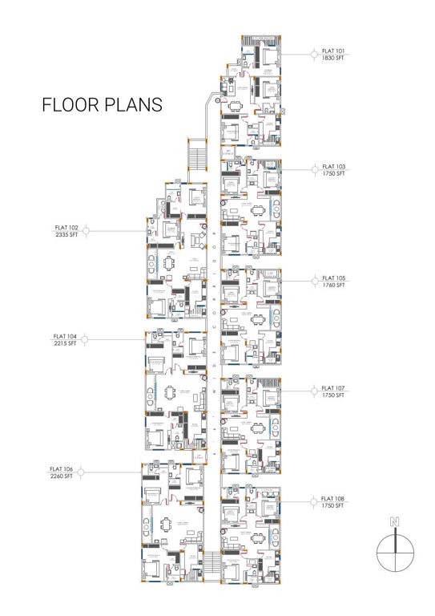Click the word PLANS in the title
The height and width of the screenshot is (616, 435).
pyautogui.click(x=135, y=105)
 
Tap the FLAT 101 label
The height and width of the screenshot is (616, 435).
pyautogui.click(x=333, y=52)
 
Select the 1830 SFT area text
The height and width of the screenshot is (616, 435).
pyautogui.click(x=333, y=59)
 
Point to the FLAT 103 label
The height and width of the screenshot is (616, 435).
pyautogui.click(x=333, y=167)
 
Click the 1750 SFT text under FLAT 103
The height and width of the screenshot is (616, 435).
pyautogui.click(x=333, y=173)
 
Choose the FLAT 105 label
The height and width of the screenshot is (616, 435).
pyautogui.click(x=333, y=278)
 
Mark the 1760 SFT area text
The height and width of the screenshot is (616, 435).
pyautogui.click(x=333, y=284)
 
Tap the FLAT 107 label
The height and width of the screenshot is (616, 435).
pyautogui.click(x=333, y=388)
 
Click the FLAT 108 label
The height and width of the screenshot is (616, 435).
pyautogui.click(x=333, y=500)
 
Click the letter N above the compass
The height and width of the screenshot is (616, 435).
pyautogui.click(x=393, y=522)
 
